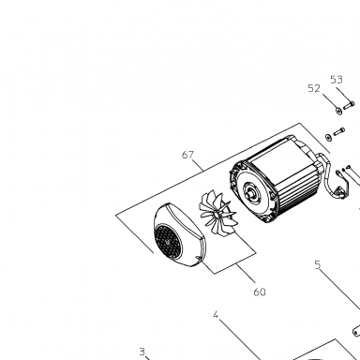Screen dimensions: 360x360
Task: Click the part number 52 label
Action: tap(314, 89)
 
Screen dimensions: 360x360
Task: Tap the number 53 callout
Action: tap(337, 80)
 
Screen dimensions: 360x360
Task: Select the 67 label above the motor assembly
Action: tap(187, 155)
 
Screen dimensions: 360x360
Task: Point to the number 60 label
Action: tap(260, 292)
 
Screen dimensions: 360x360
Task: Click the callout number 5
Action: tap(318, 265)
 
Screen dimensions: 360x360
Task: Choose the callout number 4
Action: tap(216, 315)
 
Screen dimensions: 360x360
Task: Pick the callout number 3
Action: tap(142, 352)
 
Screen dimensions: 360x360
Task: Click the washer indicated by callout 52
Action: tap(338, 111)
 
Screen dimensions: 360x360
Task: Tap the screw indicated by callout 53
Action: tap(349, 105)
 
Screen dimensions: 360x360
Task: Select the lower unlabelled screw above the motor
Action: tap(339, 131)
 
